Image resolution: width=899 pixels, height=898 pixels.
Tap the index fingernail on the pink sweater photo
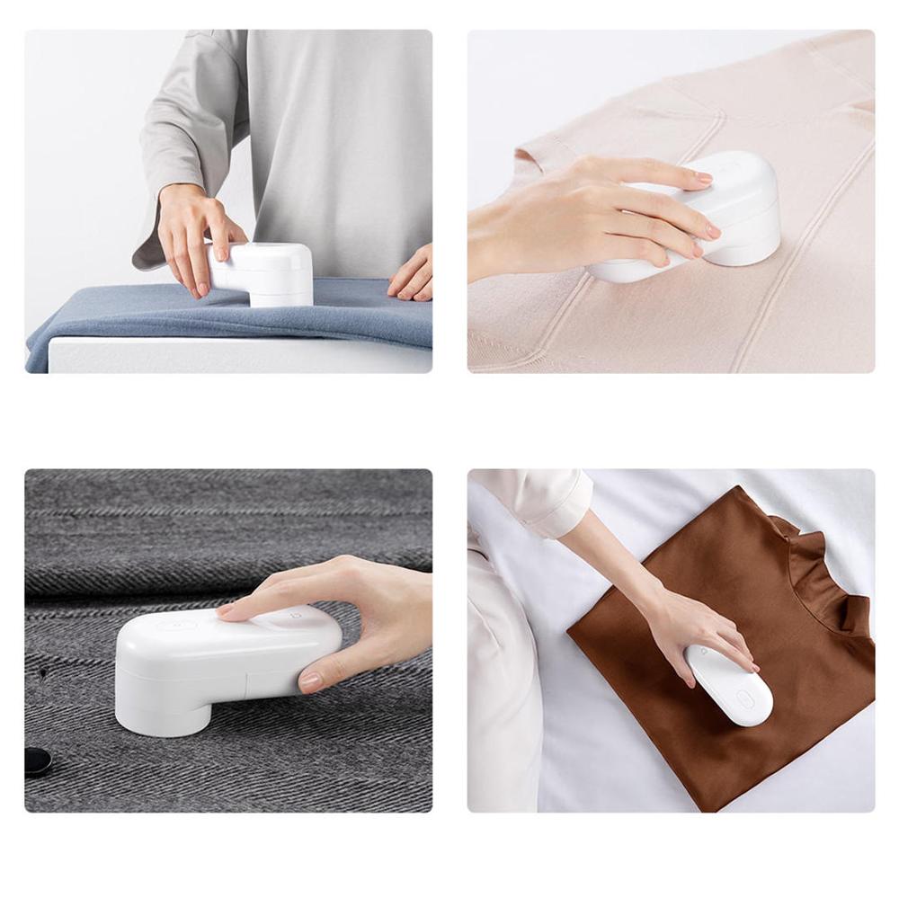click(703, 179)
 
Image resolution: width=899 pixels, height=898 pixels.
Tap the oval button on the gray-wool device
click(180, 626)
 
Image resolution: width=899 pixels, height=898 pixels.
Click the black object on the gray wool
click(37, 760)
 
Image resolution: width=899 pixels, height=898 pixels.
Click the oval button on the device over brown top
click(745, 698)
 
